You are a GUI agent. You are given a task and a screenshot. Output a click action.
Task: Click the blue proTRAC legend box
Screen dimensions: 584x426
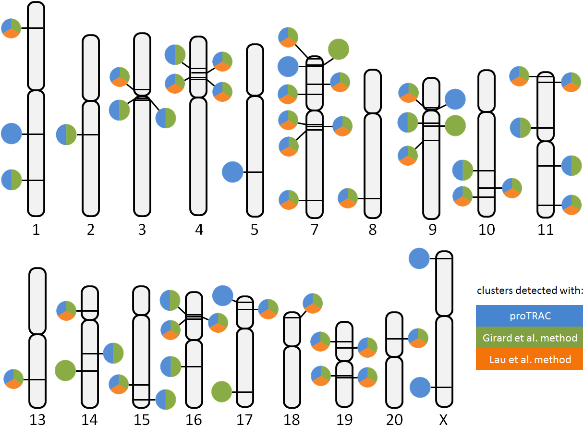tap(529, 316)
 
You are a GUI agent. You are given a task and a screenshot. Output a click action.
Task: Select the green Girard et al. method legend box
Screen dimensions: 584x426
tap(529, 338)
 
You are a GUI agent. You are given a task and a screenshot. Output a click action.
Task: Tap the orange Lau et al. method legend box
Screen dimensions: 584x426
tap(529, 359)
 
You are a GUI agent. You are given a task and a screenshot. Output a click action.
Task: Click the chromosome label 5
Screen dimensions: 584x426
tap(255, 230)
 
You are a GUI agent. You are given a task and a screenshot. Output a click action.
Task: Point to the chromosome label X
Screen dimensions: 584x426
tap(443, 420)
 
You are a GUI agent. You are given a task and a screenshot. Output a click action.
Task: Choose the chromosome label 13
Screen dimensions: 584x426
tap(37, 420)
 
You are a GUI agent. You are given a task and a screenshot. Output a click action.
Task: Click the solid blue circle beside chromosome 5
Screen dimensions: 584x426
tap(232, 172)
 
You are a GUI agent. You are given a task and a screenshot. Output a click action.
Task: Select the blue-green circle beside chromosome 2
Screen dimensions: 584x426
tap(66, 134)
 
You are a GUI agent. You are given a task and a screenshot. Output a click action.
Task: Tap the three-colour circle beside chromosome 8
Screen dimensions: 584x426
tap(348, 198)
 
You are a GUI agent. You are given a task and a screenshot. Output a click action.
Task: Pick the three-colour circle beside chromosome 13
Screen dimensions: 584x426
tap(13, 379)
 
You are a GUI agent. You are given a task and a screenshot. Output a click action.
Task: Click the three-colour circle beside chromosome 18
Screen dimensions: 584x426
tap(313, 303)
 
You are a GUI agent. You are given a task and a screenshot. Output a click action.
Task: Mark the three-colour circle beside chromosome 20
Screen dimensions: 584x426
tap(418, 338)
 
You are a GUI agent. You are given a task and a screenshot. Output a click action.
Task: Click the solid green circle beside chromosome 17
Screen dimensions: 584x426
tap(221, 391)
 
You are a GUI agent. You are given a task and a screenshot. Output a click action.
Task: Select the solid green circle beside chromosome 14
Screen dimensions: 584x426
tap(65, 370)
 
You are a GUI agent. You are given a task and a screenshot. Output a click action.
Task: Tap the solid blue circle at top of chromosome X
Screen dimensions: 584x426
tap(419, 258)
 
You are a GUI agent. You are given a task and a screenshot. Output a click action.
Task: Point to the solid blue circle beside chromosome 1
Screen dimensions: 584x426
tap(12, 134)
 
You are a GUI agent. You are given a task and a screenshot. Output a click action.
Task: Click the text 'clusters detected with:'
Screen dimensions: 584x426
tap(530, 291)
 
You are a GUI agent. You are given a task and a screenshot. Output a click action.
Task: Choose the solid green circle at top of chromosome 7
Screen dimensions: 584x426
tap(339, 49)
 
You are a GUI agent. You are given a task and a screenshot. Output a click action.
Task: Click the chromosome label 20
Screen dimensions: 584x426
tap(394, 420)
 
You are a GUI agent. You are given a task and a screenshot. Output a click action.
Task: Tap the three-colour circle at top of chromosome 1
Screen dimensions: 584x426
tap(11, 28)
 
